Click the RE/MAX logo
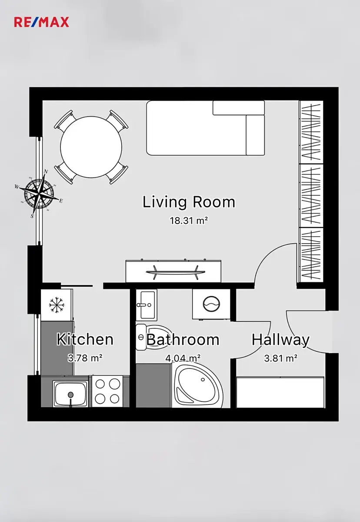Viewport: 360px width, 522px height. tap(41, 22)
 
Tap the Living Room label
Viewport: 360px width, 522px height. tap(189, 202)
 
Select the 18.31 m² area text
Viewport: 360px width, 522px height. tap(189, 220)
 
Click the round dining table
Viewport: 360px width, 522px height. tap(91, 147)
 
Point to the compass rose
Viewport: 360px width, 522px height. tap(39, 194)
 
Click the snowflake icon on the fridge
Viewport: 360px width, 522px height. tap(57, 304)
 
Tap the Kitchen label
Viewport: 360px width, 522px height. tap(85, 339)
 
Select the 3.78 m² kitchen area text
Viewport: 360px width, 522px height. tap(85, 358)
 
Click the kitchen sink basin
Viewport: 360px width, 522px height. tap(70, 393)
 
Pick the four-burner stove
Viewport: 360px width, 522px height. tap(107, 391)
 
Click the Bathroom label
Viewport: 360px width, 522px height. tap(183, 340)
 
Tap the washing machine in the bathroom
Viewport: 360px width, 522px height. tap(211, 304)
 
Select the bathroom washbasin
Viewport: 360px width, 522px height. tap(147, 305)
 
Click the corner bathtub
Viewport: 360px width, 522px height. tap(197, 386)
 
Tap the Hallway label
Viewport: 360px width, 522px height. tap(280, 340)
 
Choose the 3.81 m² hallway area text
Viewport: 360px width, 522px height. tap(280, 358)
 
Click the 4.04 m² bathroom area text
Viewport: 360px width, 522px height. tap(183, 358)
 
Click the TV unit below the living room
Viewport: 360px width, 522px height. tap(173, 271)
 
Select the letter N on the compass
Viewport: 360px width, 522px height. tap(46, 172)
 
